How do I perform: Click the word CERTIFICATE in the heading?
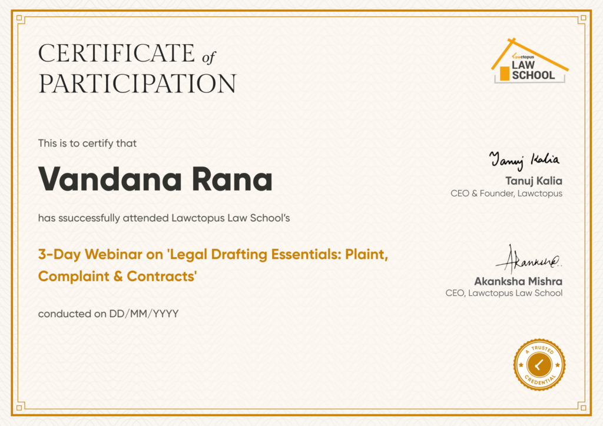[117, 53]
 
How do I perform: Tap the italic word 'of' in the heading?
[209, 58]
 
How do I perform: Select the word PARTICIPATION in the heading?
[137, 84]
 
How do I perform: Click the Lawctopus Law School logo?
[529, 61]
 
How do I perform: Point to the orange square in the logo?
[504, 74]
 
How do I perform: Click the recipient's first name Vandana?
[110, 179]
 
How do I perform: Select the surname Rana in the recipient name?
[232, 179]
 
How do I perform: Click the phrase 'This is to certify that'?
[87, 144]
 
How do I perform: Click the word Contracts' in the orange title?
[162, 276]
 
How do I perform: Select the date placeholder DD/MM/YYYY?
[144, 314]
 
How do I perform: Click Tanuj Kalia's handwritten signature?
[525, 160]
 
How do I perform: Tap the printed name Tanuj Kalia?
[534, 181]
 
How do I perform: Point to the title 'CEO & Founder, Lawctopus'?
[506, 193]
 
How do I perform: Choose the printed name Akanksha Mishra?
[518, 282]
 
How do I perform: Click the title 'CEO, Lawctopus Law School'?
[504, 293]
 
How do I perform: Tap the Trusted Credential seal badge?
[539, 365]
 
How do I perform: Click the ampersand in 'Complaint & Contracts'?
[118, 277]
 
